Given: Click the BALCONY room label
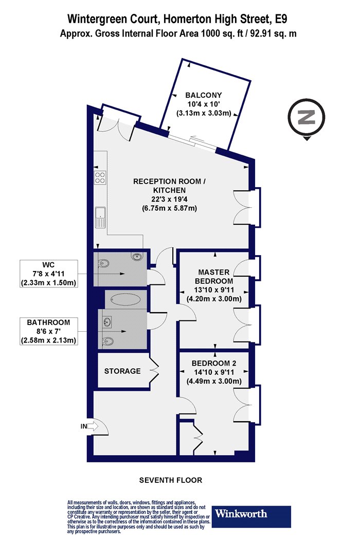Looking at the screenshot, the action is (x=203, y=95).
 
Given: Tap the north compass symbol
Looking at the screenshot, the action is (x=307, y=118).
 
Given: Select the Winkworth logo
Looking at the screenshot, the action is (x=251, y=516).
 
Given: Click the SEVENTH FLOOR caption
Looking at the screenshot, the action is (x=171, y=480).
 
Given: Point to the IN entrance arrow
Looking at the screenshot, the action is (x=92, y=426).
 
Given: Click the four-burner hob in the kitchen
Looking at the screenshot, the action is (x=100, y=177).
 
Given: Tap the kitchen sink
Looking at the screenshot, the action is (x=100, y=218).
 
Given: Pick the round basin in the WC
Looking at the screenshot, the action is (x=137, y=256).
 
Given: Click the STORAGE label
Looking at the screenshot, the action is (x=122, y=371).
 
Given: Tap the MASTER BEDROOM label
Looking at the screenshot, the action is (x=213, y=277).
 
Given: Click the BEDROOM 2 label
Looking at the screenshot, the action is (x=214, y=363).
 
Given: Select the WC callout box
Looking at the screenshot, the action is (x=48, y=274).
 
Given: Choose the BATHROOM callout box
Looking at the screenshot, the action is (x=48, y=331).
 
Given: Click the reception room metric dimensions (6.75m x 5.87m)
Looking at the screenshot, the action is (x=169, y=208).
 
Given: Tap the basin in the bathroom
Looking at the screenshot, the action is (x=107, y=321).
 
